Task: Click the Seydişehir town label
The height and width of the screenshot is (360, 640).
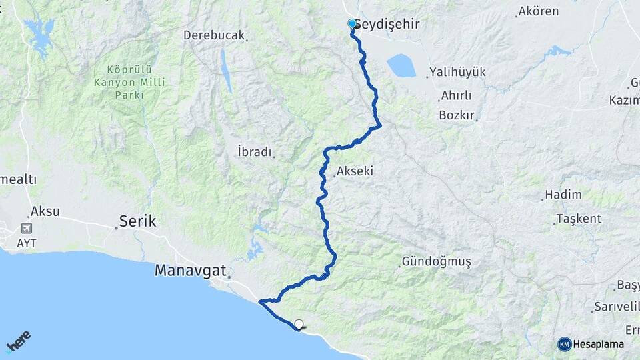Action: (x=390, y=24)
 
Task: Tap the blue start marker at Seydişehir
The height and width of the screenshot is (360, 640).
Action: (x=352, y=24)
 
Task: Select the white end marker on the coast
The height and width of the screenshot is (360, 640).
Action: (x=299, y=325)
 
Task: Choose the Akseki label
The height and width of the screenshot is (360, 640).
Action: (x=355, y=171)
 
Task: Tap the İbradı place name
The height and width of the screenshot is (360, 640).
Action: (x=255, y=152)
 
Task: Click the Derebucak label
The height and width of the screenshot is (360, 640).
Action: (x=215, y=35)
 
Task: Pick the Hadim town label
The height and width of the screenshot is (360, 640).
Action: (x=563, y=195)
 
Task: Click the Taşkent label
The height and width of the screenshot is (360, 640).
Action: (x=579, y=219)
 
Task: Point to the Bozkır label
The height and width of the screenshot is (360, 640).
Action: (x=456, y=115)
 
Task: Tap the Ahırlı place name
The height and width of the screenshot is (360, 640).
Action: (x=456, y=96)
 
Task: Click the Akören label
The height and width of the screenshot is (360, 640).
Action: (x=537, y=11)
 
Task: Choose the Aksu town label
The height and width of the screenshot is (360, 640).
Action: (x=45, y=211)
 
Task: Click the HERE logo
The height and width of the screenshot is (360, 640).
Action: (x=19, y=341)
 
